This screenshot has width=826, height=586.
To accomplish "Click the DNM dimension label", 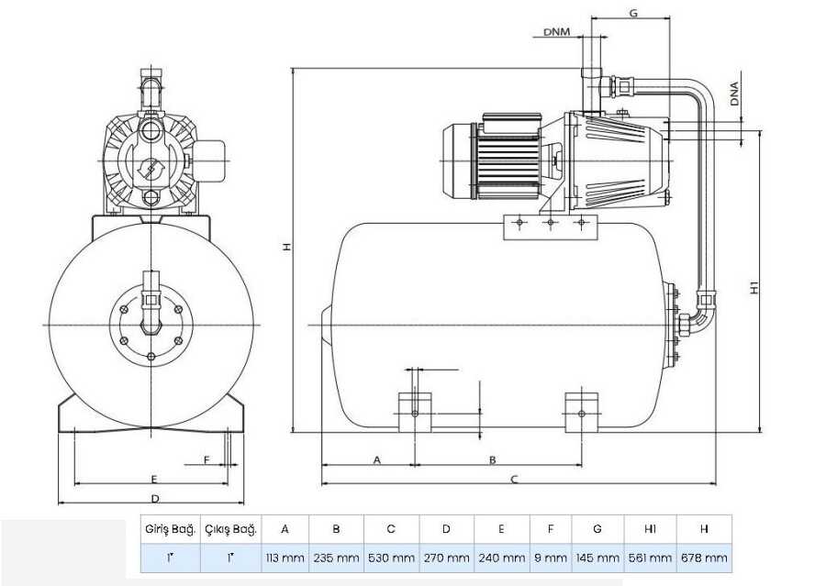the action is tap(556, 31).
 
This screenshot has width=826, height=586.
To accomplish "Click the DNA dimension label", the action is tap(735, 94).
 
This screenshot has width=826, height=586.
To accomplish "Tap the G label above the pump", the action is tap(633, 13).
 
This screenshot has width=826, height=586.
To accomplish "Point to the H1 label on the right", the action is tap(754, 288).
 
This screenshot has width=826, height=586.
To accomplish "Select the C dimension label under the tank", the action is tap(514, 479).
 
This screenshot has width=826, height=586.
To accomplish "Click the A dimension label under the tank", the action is tap(376, 460).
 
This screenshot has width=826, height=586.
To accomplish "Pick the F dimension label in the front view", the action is tap(206, 460).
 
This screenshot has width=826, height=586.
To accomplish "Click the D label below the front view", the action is tap(155, 498).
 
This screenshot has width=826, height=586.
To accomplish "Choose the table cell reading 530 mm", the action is tap(391, 558).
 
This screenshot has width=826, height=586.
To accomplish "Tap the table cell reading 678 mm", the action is tap(704, 558).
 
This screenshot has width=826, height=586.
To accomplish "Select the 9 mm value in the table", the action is tap(551, 558).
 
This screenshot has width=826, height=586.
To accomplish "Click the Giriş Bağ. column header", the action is tap(170, 528).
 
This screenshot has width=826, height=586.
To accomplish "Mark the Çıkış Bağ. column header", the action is tap(230, 528).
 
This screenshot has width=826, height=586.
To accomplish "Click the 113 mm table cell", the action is tap(285, 558).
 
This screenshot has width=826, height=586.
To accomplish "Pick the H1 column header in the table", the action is tap(650, 528).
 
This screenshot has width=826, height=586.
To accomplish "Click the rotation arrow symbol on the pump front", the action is tap(151, 170).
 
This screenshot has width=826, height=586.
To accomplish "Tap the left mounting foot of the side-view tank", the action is tap(415, 413).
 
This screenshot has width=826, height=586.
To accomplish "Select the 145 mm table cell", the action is tap(597, 558).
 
